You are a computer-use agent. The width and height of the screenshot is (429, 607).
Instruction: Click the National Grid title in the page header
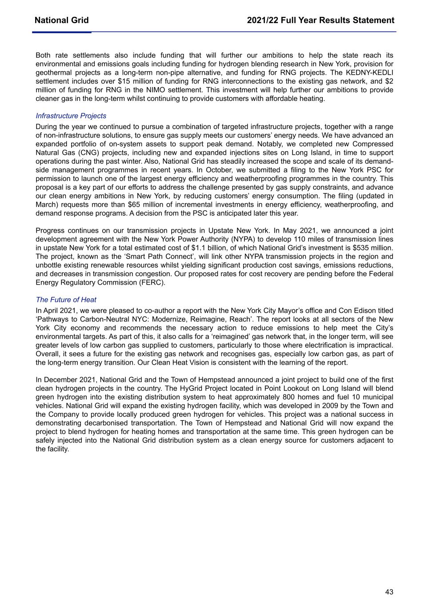pos(61,20)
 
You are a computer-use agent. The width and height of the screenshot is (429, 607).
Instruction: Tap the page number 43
pos(389,591)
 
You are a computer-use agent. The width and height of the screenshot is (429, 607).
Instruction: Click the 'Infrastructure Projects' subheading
pos(71,116)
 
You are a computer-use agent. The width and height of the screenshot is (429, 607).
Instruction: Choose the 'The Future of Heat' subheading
pos(66,300)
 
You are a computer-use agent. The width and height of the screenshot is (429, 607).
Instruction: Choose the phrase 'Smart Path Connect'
pos(132,257)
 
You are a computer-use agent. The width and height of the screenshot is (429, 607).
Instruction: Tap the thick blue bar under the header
pos(62,32)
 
